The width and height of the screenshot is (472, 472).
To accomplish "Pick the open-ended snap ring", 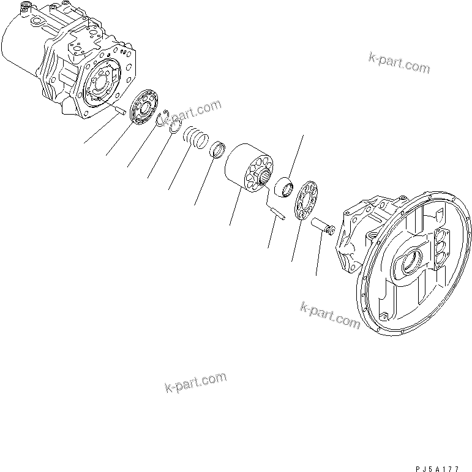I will pos(162,120).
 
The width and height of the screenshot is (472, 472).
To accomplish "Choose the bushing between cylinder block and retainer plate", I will pos(285,187).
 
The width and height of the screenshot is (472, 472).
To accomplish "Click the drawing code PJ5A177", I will pos(437,468).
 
